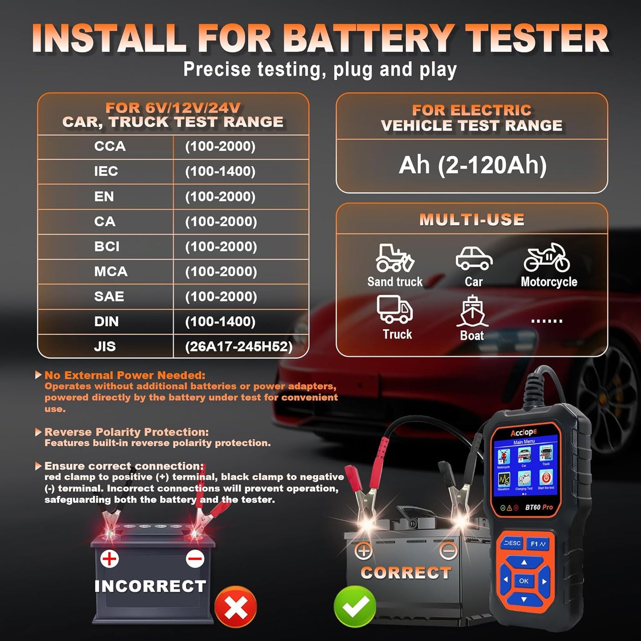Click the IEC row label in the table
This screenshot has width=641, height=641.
click(106, 171)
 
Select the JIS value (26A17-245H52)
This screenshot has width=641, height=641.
click(239, 346)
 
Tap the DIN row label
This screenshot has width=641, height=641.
click(106, 322)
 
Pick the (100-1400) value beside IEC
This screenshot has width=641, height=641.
click(220, 171)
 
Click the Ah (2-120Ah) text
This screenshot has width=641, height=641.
click(472, 165)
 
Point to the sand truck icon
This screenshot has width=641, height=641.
click(394, 258)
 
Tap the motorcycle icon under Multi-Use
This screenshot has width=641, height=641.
click(547, 258)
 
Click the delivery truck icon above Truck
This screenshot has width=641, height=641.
click(395, 309)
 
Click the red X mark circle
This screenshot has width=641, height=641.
click(236, 607)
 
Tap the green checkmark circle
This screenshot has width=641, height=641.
click(355, 606)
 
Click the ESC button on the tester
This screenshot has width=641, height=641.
click(512, 543)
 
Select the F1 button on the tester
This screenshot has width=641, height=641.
click(538, 544)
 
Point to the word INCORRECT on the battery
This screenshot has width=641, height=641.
click(150, 586)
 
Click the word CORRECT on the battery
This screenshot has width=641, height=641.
click(406, 573)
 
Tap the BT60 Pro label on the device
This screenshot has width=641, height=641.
click(539, 507)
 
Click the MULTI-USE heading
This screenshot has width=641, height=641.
click(472, 220)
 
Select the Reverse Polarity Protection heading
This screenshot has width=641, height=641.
click(126, 432)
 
